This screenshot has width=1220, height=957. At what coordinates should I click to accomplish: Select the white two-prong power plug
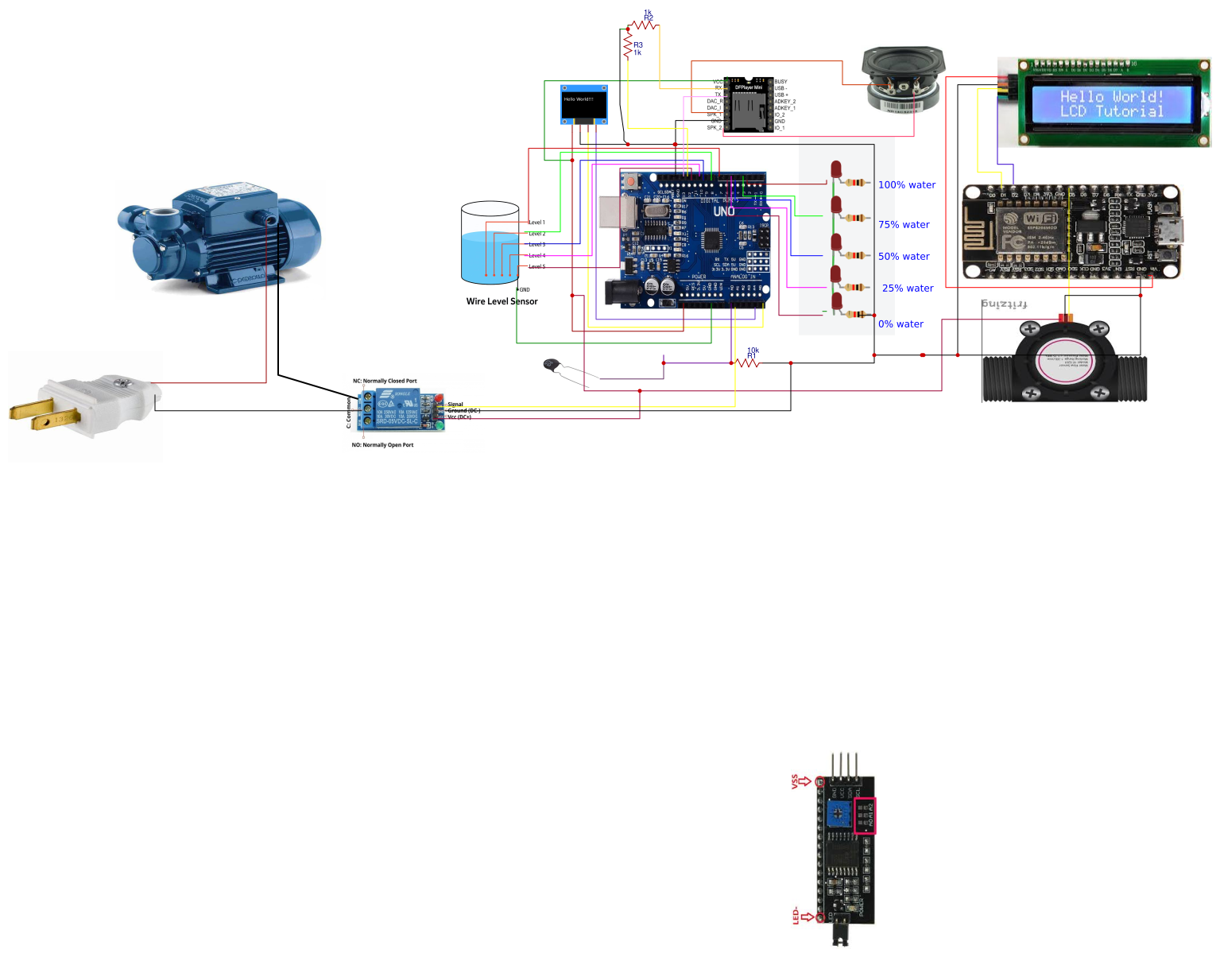click(x=87, y=405)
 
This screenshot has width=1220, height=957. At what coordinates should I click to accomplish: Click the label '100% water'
click(x=906, y=185)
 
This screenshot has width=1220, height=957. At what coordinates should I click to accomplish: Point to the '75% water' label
click(x=904, y=225)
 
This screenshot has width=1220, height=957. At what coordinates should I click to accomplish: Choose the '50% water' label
click(x=904, y=257)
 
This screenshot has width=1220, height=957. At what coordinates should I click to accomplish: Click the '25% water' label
click(x=908, y=289)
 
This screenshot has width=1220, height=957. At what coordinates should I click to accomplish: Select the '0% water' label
click(x=900, y=324)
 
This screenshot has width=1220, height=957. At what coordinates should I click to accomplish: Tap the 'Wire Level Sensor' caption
click(x=502, y=302)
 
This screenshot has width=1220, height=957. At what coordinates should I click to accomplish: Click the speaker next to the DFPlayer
click(x=903, y=79)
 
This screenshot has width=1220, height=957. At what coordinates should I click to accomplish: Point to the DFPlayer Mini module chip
click(x=748, y=104)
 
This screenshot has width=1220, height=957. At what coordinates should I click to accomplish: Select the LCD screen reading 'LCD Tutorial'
click(x=1111, y=103)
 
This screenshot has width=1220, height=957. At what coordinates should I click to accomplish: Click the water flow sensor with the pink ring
click(x=1063, y=359)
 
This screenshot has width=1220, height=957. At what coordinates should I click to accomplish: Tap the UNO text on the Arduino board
click(x=723, y=211)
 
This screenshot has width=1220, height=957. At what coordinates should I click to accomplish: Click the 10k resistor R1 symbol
click(x=747, y=363)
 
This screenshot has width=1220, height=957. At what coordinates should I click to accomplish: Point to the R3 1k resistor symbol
click(x=628, y=46)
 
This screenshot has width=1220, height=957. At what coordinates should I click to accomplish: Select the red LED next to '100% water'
click(x=836, y=171)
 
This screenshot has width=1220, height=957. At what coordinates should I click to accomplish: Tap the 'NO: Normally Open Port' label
click(x=382, y=445)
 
